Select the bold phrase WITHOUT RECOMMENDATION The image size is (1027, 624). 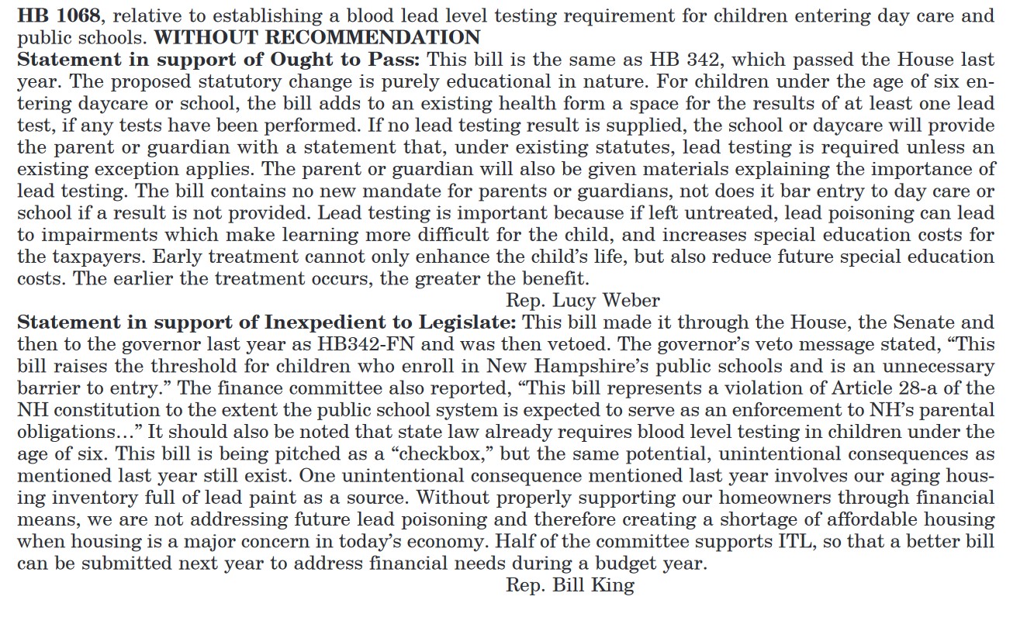pos(317,36)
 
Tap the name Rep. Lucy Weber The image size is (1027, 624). pos(583,300)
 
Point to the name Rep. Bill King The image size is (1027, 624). pos(569,584)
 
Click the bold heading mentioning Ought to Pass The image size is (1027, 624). pos(220,59)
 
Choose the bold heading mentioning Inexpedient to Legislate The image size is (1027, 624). pos(268,322)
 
